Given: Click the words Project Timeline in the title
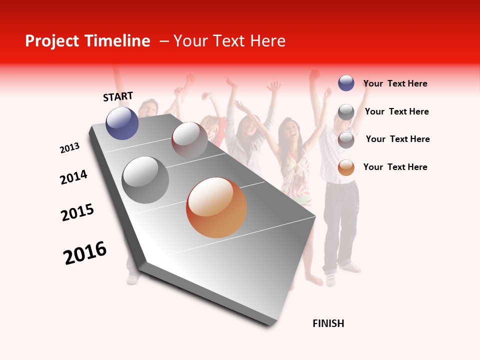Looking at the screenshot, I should [87, 41].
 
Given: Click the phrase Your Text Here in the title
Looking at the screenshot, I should [229, 41].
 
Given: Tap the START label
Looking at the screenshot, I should [118, 96].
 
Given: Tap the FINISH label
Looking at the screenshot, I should [328, 323].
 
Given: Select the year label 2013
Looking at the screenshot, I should [69, 148].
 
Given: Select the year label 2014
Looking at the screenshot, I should [73, 177].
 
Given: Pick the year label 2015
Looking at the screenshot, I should [77, 212].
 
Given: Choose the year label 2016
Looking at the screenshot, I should [85, 253].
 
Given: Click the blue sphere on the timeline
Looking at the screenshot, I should [122, 123].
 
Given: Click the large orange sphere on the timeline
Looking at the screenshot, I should [216, 207].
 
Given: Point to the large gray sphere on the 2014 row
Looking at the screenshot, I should [145, 180].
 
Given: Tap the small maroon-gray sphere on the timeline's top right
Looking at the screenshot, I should [189, 139].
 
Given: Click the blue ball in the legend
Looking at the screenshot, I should [346, 83].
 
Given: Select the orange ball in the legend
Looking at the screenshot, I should [346, 167].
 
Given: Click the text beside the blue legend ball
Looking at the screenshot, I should [395, 83].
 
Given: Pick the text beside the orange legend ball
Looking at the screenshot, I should [395, 167].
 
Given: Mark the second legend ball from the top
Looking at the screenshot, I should [346, 111].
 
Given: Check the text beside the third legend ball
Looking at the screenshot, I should [397, 139].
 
